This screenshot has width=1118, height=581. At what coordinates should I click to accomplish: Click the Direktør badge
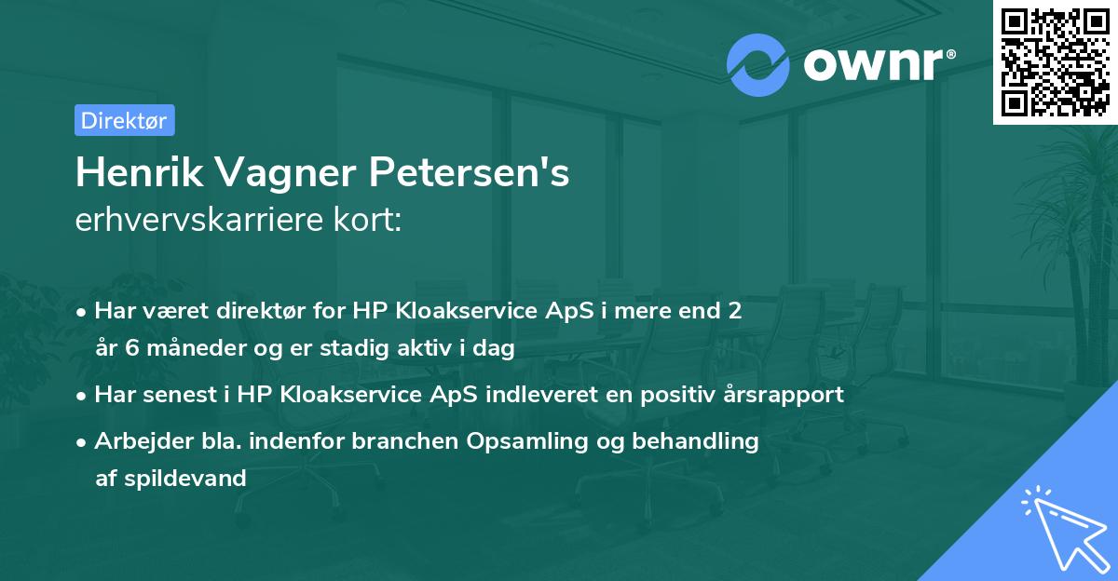[124, 120]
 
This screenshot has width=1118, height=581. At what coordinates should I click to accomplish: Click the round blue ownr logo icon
[758, 64]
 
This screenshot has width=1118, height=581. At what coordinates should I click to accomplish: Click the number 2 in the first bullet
[735, 311]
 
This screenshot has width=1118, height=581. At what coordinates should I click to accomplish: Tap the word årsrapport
[784, 395]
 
